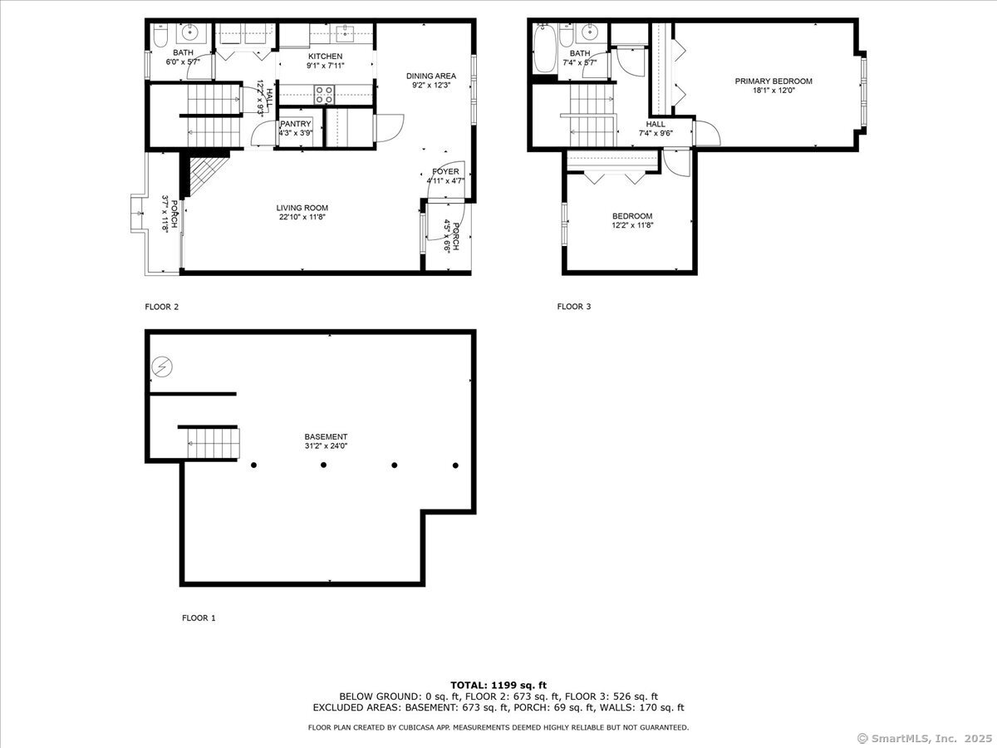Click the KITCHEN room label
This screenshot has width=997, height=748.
click(325, 57)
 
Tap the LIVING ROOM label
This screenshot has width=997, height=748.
click(302, 208)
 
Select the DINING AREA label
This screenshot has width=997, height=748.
click(431, 76)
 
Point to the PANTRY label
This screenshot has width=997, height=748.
click(296, 124)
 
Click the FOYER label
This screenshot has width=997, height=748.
click(445, 172)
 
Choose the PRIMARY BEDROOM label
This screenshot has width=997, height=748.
click(774, 81)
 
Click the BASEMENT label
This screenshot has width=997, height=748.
click(326, 437)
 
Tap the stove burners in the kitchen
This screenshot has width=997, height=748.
click(324, 95)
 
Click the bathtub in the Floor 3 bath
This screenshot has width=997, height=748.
click(544, 48)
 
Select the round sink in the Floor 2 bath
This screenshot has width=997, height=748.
click(188, 32)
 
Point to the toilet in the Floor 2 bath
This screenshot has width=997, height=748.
click(160, 36)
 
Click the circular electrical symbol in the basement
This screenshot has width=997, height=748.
click(162, 367)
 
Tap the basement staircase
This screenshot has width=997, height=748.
click(214, 444)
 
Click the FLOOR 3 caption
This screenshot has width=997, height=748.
click(574, 307)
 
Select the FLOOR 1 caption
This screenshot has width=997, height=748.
click(199, 618)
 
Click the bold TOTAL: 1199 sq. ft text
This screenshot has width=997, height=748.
click(498, 686)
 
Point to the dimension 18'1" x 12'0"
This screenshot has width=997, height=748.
click(774, 91)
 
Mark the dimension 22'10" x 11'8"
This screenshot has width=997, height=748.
click(302, 217)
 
